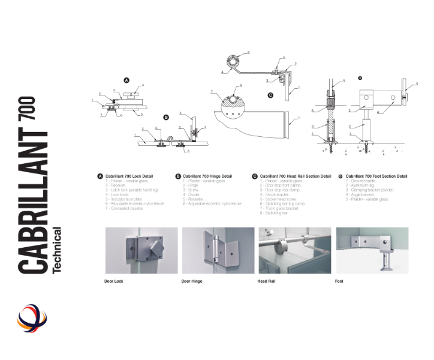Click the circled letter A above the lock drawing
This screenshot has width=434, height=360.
coord(126,80)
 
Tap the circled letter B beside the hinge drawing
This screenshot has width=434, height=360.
coord(167,118)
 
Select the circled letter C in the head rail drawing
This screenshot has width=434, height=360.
coord(270,95)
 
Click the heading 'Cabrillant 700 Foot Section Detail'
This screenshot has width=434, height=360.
coord(376,176)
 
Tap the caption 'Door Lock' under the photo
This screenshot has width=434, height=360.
coord(114,281)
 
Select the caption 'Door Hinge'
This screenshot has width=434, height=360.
coord(192,281)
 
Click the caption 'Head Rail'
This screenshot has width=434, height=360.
coord(267,281)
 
